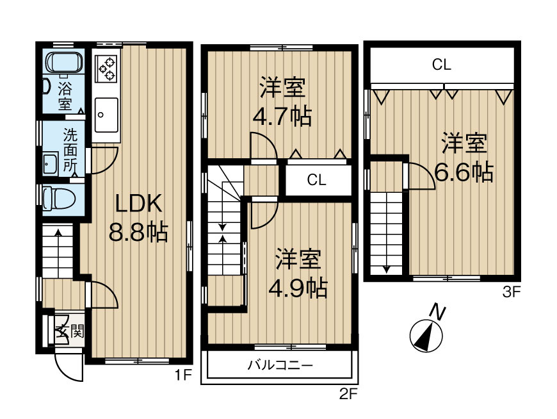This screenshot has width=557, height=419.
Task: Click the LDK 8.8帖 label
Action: pyautogui.click(x=137, y=218)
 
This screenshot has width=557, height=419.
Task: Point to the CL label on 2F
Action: pyautogui.click(x=316, y=180)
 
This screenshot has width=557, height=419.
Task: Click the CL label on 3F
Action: pyautogui.click(x=441, y=64)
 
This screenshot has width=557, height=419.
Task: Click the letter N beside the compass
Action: pyautogui.click(x=437, y=313)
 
